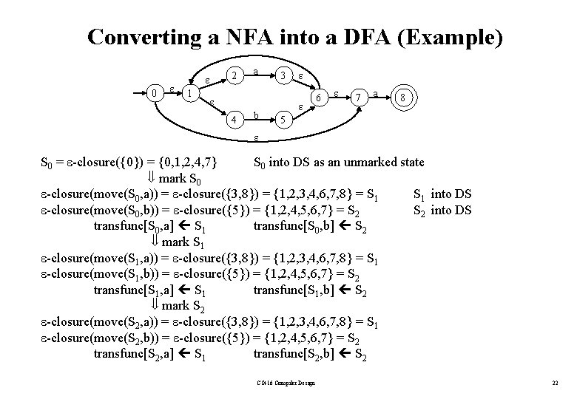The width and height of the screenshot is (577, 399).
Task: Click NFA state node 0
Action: coord(154,93)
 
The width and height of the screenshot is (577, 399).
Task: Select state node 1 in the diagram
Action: coord(190,94)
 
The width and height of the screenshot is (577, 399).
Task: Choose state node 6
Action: coord(317,98)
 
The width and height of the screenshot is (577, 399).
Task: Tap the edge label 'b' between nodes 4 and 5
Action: coord(256,115)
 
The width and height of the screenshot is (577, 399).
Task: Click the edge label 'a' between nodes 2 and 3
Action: coord(255,72)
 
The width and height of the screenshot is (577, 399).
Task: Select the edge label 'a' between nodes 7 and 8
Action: coord(377,94)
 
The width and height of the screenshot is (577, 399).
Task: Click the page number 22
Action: coord(555,382)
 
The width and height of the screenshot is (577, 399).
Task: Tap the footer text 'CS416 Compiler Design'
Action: coord(287,382)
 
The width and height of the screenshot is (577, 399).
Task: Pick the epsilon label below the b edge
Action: coord(256,137)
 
